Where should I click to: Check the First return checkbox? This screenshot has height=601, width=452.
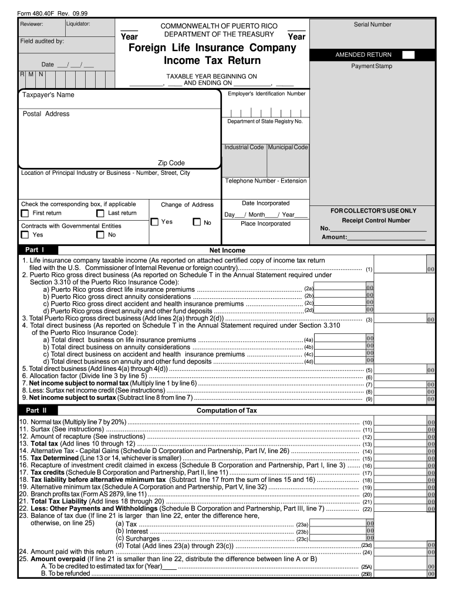coord(25,214)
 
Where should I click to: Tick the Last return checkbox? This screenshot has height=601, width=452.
coord(100,214)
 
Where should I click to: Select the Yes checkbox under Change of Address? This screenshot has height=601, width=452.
coord(154,222)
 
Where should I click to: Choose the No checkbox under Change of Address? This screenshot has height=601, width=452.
coord(197,222)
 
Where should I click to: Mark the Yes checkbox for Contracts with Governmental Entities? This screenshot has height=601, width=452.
coord(25,235)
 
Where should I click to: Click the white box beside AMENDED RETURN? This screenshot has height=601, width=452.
coord(409,55)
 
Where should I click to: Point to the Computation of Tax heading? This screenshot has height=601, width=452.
coord(226,411)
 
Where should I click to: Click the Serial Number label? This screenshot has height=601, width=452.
coord(372,25)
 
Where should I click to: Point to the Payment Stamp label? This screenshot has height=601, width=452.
coord(372,66)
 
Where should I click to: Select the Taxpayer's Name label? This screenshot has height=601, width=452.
coord(48,95)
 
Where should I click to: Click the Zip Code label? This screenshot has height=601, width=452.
coord(171,163)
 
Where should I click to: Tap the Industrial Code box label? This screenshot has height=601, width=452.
coord(244,147)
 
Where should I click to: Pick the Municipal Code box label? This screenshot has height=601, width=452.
coord(288,147)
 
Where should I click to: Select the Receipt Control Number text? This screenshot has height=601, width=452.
coord(376,221)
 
